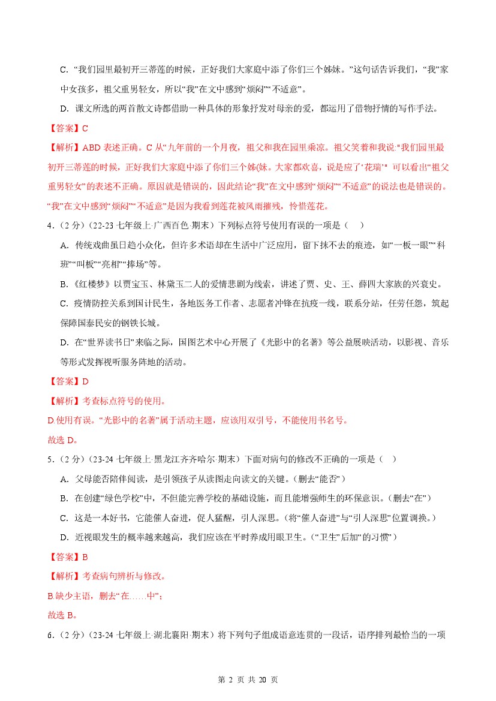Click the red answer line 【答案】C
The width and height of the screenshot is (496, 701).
point(67,128)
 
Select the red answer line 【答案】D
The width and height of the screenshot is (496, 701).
point(67,381)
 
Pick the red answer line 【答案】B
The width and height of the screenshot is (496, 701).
point(67,556)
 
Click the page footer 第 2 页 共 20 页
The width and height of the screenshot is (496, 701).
point(248,679)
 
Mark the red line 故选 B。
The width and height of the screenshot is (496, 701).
point(62,615)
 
